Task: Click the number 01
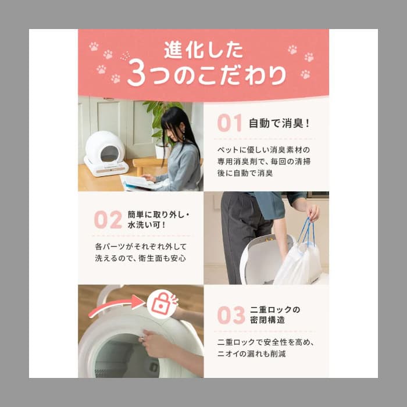(x=229, y=123)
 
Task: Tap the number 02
(x=108, y=220)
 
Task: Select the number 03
(x=231, y=315)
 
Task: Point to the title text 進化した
(x=203, y=50)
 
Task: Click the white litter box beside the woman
(x=106, y=153)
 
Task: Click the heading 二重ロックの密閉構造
(x=275, y=315)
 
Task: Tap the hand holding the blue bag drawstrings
(x=312, y=212)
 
